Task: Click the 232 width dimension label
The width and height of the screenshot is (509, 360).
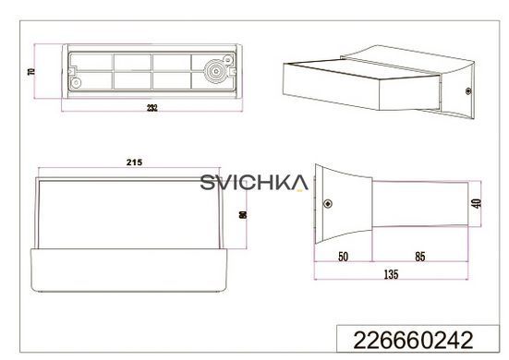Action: click(151, 108)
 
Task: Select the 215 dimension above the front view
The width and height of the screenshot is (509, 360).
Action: click(134, 162)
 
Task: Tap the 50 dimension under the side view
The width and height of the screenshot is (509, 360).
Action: click(343, 257)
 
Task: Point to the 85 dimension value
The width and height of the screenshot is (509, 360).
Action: click(419, 257)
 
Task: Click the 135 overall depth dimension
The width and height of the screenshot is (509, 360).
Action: click(391, 274)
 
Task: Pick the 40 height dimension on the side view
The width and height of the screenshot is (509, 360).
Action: click(477, 203)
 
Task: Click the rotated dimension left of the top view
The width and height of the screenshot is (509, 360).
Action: click(31, 71)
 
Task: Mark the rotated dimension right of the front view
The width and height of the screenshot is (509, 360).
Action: click(242, 215)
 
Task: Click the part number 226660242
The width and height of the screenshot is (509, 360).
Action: click(413, 340)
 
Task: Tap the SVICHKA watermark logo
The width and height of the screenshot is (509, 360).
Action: click(254, 182)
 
